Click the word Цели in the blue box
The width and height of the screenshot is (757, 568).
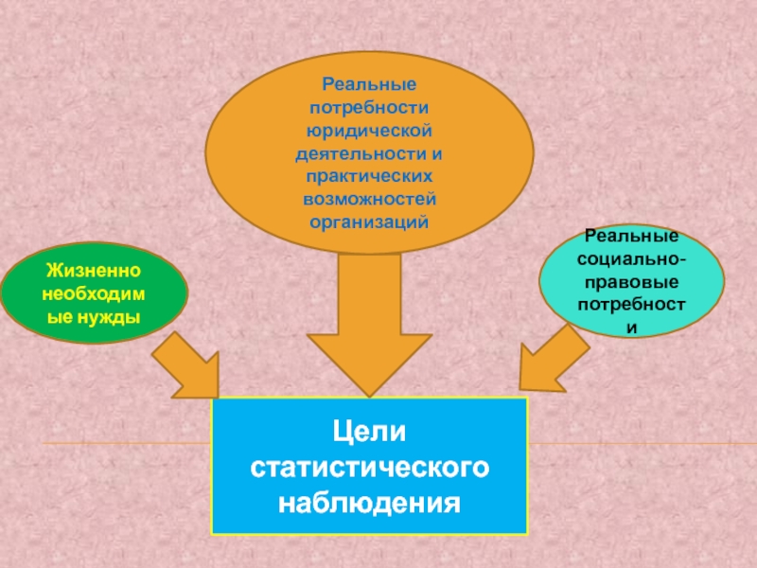[x=369, y=434]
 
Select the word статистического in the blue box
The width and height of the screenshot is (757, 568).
[x=369, y=467]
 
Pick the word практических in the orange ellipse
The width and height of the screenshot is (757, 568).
[x=369, y=176]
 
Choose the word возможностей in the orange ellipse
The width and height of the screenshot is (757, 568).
[x=369, y=200]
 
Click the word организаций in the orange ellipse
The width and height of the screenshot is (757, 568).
[x=369, y=222]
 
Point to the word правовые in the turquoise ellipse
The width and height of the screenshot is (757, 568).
[x=632, y=282]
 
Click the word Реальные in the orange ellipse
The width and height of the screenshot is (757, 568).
[x=369, y=84]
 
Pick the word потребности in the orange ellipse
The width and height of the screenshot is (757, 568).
[x=369, y=107]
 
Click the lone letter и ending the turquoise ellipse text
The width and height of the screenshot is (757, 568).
[x=632, y=328]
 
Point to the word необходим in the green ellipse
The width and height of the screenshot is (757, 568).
[x=94, y=294]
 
